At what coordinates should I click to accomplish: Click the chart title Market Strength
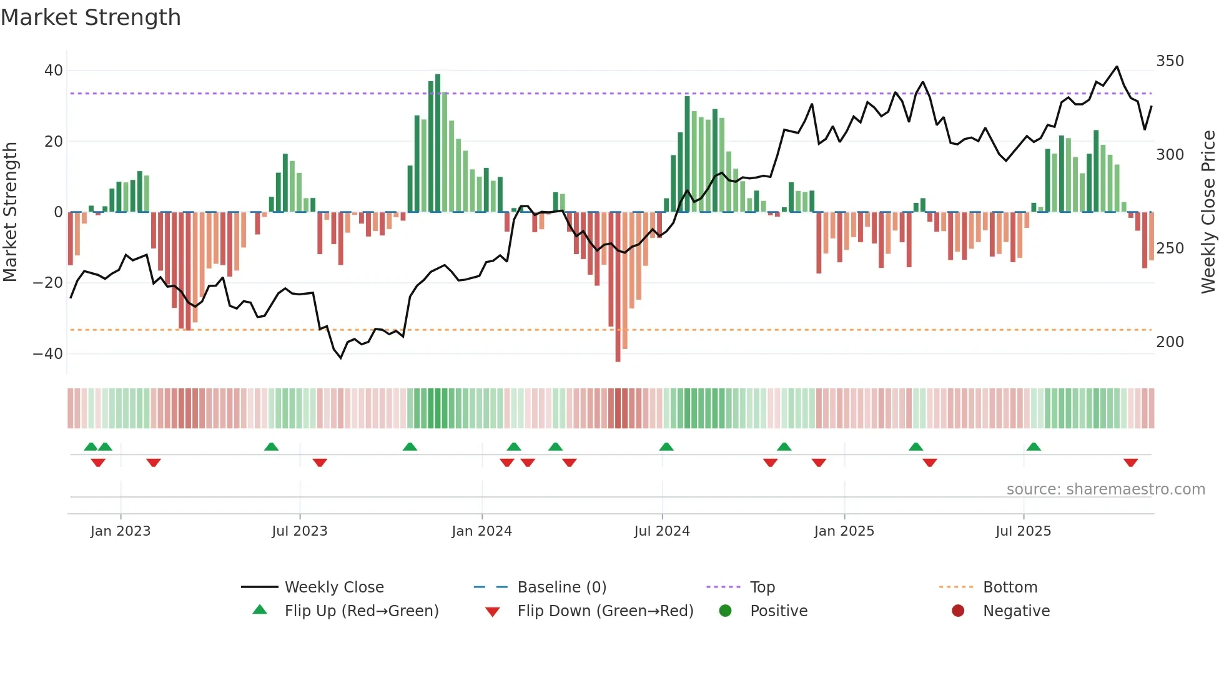click(91, 17)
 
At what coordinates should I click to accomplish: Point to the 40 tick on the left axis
click(54, 71)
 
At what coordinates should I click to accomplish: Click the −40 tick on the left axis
click(48, 354)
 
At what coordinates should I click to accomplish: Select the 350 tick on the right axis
click(1170, 61)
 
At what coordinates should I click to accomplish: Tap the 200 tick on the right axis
click(1170, 342)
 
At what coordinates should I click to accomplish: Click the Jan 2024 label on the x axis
click(481, 531)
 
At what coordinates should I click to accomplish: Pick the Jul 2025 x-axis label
click(1023, 531)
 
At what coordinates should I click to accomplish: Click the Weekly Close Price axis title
click(1208, 212)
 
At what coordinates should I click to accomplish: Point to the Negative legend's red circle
click(958, 611)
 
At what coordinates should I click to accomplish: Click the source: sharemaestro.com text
click(1105, 489)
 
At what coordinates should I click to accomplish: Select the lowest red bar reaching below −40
click(618, 287)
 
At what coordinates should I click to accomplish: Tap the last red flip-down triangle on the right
click(1130, 463)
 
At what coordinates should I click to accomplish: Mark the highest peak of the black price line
click(1117, 67)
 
